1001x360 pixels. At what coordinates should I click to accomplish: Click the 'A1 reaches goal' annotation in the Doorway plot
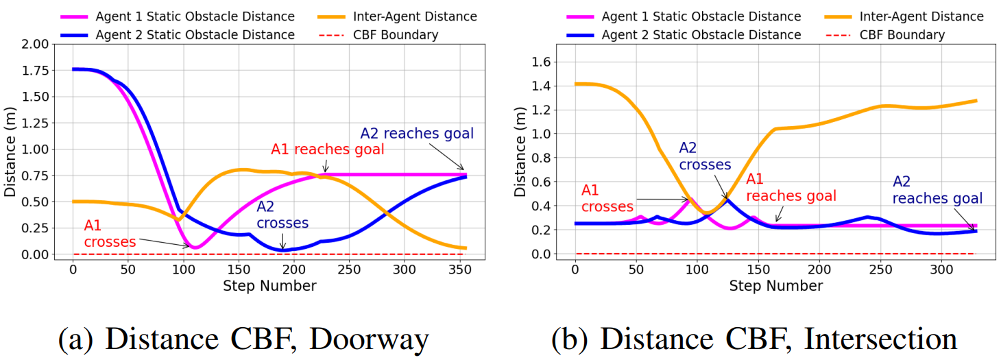pyautogui.click(x=327, y=149)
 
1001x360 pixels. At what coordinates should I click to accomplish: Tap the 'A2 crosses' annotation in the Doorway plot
pyautogui.click(x=282, y=215)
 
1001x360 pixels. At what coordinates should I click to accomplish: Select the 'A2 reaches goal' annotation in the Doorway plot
pyautogui.click(x=417, y=133)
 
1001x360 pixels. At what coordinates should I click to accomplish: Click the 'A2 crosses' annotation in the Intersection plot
pyautogui.click(x=705, y=156)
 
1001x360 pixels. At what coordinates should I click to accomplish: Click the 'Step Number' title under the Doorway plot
pyautogui.click(x=269, y=285)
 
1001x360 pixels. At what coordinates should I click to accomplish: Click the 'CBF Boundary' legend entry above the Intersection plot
pyautogui.click(x=902, y=35)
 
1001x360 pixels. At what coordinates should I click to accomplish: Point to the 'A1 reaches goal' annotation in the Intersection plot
pyautogui.click(x=791, y=187)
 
